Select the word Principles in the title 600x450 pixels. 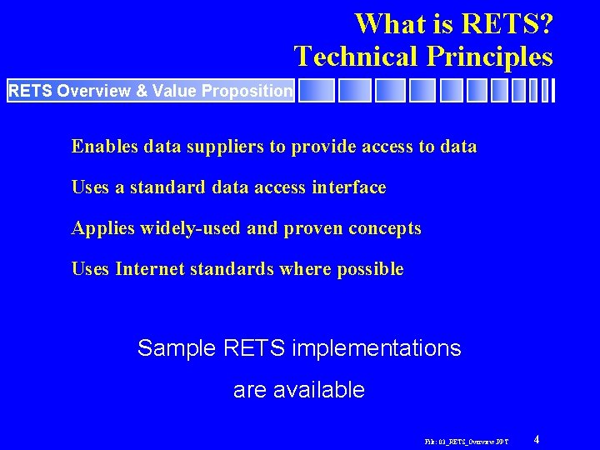pos(489,56)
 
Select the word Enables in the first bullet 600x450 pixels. pos(104,147)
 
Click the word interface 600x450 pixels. pos(349,187)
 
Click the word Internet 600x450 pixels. pos(152,269)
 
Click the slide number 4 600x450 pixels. pos(537,438)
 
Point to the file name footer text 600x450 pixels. pos(466,440)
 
